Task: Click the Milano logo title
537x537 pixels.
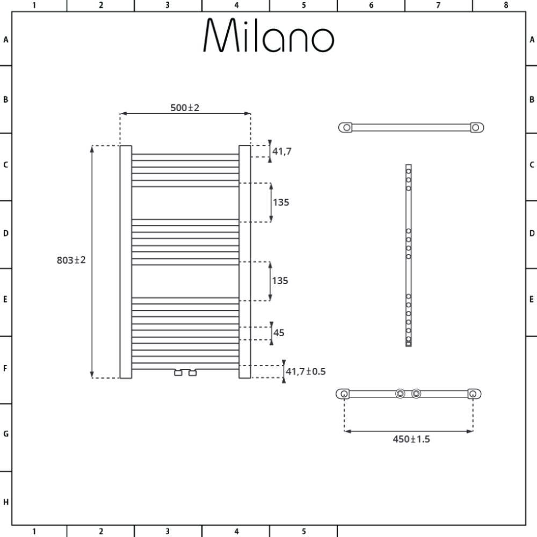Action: pyautogui.click(x=269, y=35)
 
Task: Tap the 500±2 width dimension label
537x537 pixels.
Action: pyautogui.click(x=185, y=108)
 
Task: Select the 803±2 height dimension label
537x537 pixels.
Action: pyautogui.click(x=71, y=260)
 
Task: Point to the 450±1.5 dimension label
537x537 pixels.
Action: pyautogui.click(x=411, y=439)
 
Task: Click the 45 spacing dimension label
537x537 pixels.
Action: pyautogui.click(x=279, y=333)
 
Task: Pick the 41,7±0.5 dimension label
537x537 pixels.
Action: pyautogui.click(x=306, y=372)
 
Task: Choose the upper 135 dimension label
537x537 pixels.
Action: pyautogui.click(x=281, y=202)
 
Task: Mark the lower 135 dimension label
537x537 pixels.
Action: pyautogui.click(x=280, y=281)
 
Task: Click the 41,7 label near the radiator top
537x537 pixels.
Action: pyautogui.click(x=282, y=151)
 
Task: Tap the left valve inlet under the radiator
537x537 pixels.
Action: pyautogui.click(x=178, y=373)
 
